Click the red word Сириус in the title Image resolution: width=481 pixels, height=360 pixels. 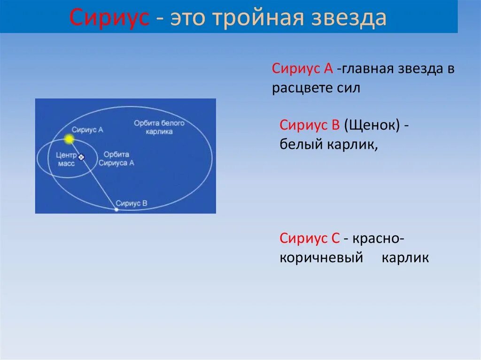(109, 18)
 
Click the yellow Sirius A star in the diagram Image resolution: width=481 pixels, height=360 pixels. (69, 139)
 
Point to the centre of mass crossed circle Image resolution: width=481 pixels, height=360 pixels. (81, 157)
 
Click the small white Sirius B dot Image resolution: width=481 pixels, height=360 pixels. (117, 210)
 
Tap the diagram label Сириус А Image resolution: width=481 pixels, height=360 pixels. (87, 130)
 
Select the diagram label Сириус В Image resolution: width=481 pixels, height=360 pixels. (132, 203)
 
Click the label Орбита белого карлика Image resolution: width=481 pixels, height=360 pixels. (159, 127)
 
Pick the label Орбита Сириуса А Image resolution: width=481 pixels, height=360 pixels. (116, 159)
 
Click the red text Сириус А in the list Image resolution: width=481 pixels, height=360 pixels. (303, 69)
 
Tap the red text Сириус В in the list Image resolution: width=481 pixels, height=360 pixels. (310, 125)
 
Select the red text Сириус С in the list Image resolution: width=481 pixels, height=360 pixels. (310, 238)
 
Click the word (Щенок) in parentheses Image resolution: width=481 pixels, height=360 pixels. (372, 126)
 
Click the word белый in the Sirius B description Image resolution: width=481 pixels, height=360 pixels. (299, 145)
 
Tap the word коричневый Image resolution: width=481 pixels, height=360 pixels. (322, 258)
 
